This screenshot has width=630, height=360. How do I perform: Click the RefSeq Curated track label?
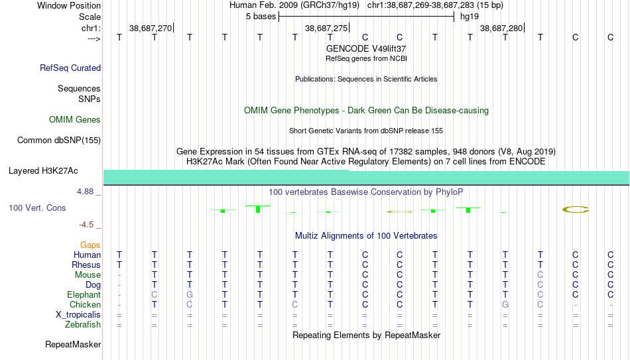70,68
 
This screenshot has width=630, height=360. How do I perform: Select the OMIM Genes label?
75,120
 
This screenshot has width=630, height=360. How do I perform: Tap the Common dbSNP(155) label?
59,141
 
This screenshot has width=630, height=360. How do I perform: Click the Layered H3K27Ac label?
43,171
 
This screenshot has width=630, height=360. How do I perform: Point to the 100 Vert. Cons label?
37,208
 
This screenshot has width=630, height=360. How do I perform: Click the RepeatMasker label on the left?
73,344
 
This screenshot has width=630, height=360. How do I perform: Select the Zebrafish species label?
83,325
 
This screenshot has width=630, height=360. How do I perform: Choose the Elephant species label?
84,295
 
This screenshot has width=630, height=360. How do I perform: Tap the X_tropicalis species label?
78,315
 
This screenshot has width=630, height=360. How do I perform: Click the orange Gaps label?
90,245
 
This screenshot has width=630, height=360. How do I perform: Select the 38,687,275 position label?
326,28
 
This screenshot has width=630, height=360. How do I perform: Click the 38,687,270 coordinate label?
151,28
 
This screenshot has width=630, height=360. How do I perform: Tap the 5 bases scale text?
261,17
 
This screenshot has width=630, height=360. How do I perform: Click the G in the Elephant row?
190,295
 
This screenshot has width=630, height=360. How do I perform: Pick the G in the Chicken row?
505,305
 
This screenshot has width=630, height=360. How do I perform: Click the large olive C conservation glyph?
576,210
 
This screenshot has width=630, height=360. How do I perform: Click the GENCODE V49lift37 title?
366,48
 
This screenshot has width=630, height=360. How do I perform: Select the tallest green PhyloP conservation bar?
258,209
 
